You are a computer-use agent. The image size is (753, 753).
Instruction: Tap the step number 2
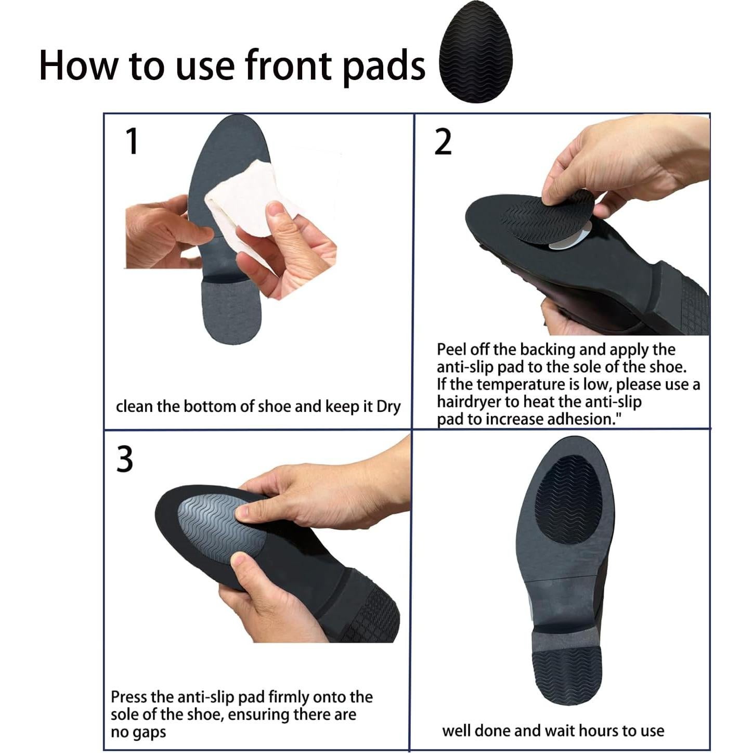(443, 142)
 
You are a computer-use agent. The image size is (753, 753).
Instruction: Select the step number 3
(124, 459)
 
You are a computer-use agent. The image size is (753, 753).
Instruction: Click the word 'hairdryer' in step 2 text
(468, 402)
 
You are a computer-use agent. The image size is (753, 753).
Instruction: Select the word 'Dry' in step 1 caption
(388, 407)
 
